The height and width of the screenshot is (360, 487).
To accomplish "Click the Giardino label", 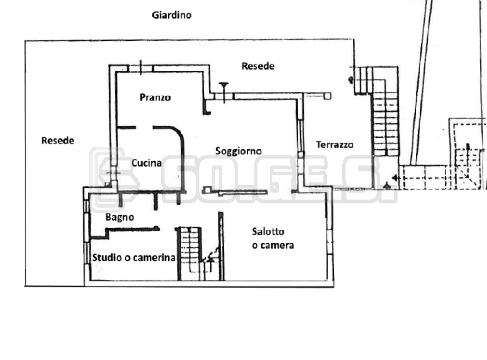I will tap(172, 15).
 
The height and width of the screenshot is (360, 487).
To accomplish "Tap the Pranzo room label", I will tap(155, 98).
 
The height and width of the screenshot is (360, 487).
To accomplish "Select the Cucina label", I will tap(146, 163).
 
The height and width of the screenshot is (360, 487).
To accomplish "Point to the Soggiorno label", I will tap(238, 151).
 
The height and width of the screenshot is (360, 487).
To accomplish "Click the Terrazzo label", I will tap(334, 145).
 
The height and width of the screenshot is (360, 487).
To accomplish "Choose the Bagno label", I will tap(120, 217).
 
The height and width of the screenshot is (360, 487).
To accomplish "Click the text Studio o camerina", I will tap(133, 257).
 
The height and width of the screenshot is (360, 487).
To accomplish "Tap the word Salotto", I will tap(268, 231).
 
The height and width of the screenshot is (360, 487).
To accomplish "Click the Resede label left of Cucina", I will tap(58, 141).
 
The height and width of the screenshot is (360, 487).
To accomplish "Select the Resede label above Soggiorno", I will tap(258, 66).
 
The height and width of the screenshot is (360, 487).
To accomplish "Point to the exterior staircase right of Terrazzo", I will tap(385, 121).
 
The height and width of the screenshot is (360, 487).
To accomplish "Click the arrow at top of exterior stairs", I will tap(350, 80).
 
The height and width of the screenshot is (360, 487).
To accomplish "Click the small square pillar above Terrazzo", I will tap(328, 96).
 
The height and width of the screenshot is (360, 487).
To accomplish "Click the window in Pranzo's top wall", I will tap(141, 68).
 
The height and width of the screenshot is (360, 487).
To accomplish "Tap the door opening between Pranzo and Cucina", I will tap(144, 127).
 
